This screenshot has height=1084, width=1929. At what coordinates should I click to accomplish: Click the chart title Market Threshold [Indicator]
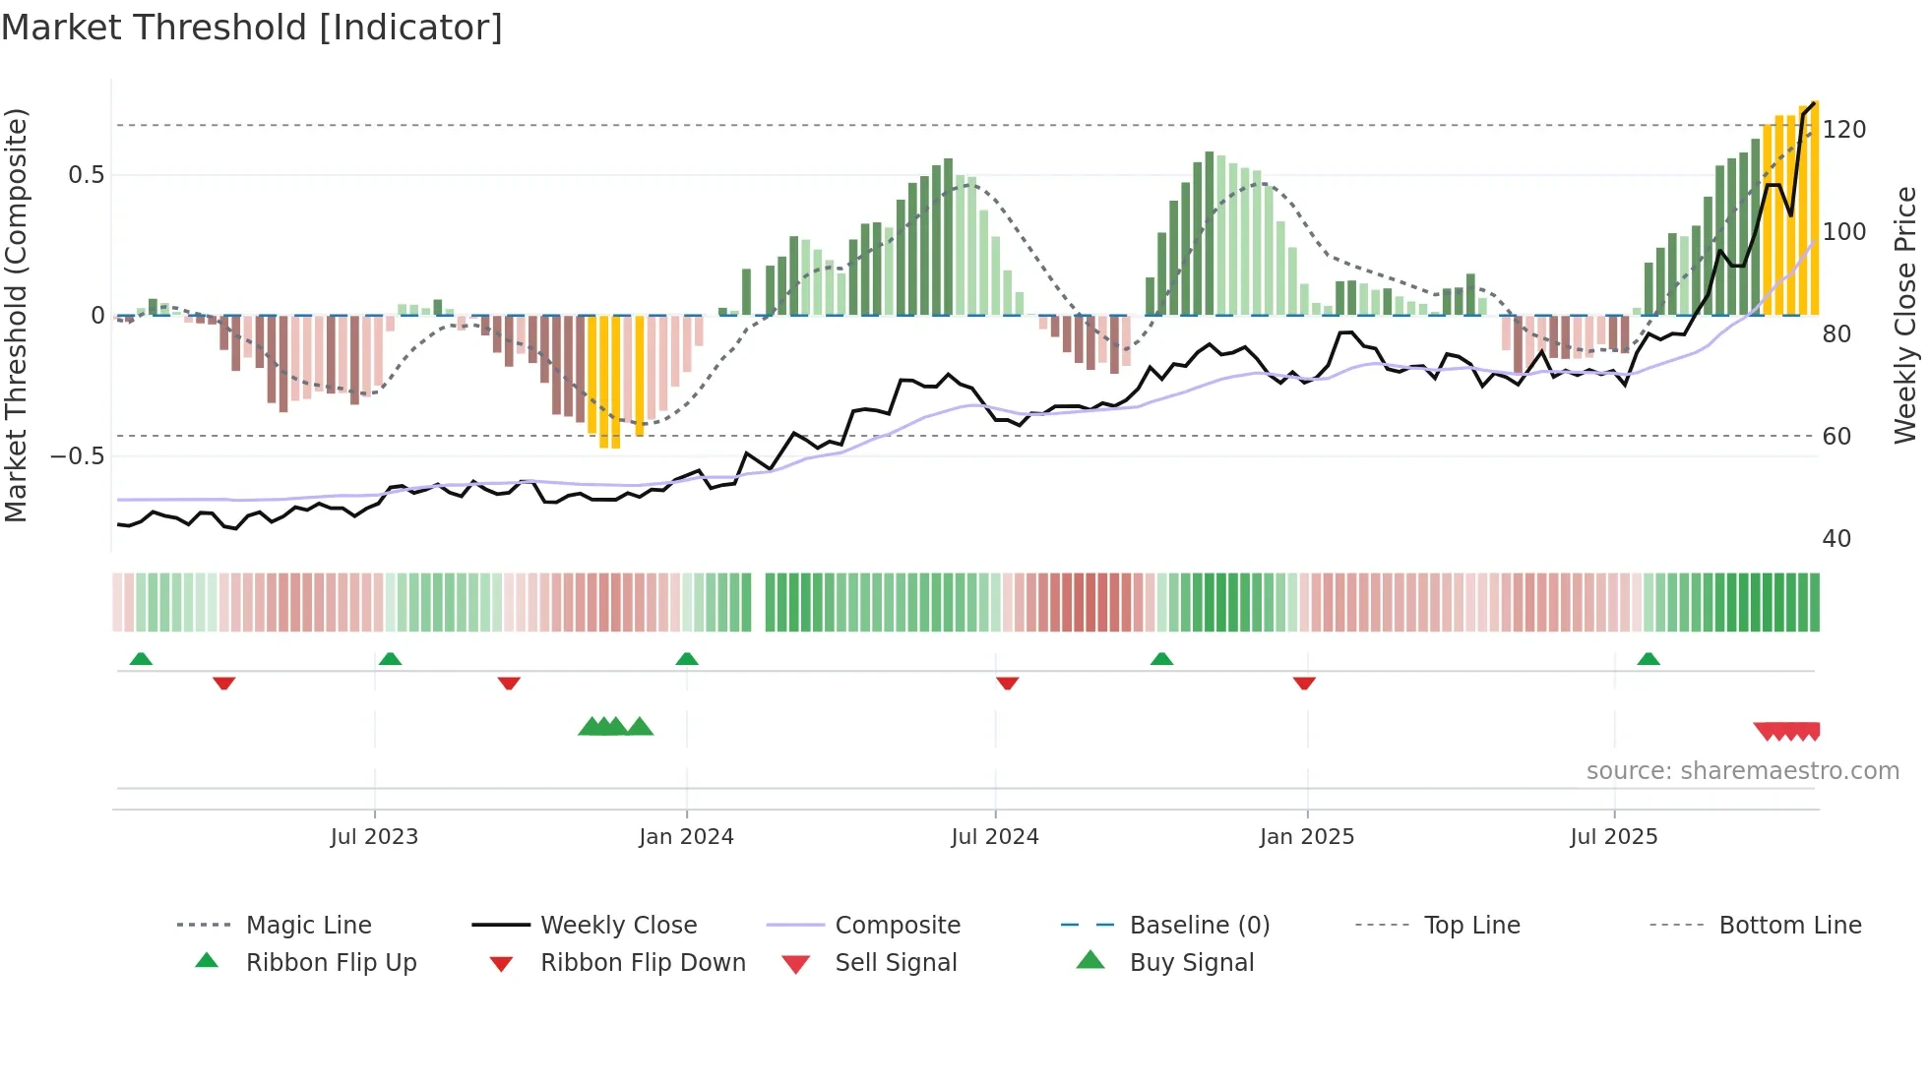coord(252,28)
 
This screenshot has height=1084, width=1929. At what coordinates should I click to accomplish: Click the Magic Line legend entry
coord(308,925)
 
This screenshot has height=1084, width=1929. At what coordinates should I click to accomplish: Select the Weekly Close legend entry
coord(618,925)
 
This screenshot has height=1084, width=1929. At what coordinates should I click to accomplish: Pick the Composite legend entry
coord(897,925)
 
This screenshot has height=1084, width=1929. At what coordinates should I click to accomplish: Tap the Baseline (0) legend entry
coord(1199,925)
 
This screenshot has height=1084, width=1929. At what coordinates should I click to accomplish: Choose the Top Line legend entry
coord(1471,925)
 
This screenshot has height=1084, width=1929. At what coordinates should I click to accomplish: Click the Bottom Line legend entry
coord(1789,925)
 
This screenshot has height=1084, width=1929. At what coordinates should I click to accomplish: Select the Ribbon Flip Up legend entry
coord(331,962)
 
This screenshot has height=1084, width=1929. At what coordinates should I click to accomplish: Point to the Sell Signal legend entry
coord(895,962)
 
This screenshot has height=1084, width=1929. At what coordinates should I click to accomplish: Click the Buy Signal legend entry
coord(1191,962)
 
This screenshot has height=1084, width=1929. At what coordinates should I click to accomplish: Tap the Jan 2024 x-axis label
coord(686,837)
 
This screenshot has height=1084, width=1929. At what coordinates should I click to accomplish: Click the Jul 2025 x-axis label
coord(1613,837)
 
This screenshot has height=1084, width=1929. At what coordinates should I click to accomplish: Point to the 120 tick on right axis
coord(1843,130)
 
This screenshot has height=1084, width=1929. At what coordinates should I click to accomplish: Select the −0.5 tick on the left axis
coord(77,456)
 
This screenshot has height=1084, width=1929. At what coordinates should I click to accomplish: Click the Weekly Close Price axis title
coord(1905,315)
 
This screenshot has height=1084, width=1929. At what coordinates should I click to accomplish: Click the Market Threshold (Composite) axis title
coord(16,315)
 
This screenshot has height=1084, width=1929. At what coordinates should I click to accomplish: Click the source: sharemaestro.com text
coord(1742,771)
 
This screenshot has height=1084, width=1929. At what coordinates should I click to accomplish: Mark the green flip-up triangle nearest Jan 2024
coord(687,659)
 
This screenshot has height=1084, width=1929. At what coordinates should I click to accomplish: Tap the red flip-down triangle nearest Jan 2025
coord(1304,683)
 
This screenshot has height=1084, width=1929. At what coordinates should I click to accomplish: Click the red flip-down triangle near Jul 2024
coord(1007,683)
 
